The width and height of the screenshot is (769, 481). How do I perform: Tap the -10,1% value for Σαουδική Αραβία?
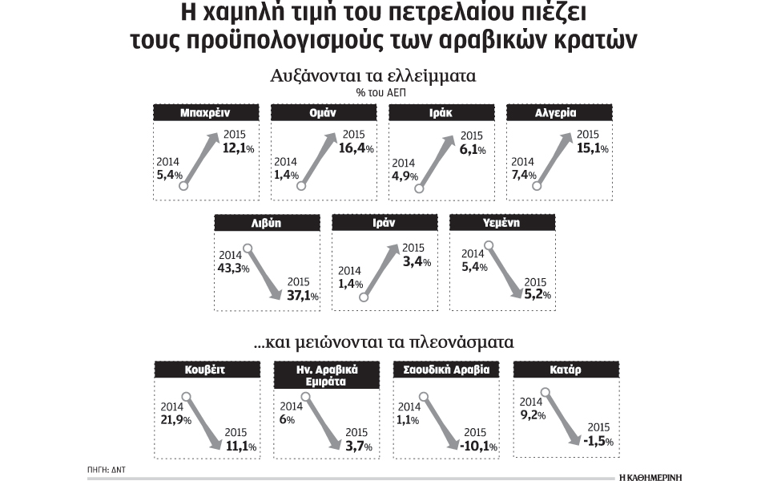(476, 447)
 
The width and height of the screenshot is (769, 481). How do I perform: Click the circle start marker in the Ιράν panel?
(364, 297)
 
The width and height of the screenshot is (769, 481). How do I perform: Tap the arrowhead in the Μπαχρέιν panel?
(215, 138)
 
